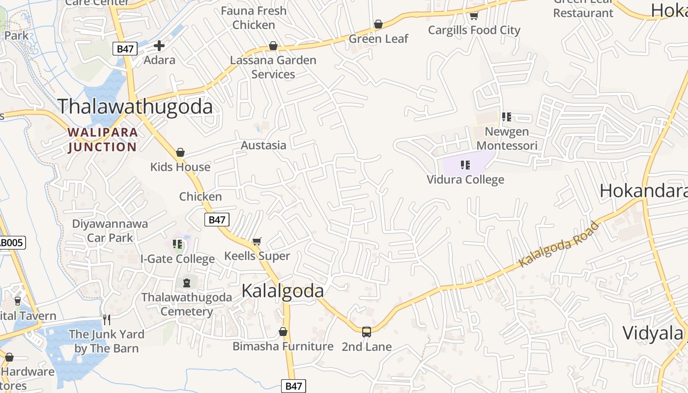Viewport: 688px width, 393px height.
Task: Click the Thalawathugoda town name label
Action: coord(135,107)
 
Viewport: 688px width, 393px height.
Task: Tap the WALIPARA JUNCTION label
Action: coord(102,140)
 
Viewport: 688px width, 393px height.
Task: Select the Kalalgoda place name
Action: coord(283,291)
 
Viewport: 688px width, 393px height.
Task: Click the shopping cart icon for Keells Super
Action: coord(257,241)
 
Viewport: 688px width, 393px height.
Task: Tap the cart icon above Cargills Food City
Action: coord(474,16)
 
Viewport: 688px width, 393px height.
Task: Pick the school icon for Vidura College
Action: coord(465,165)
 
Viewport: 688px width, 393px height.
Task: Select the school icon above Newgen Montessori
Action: coord(507,117)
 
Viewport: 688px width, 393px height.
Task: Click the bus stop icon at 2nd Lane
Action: coord(367,332)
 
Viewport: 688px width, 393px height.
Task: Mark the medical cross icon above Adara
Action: coord(159,46)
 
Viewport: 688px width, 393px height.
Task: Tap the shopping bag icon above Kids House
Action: coord(180,152)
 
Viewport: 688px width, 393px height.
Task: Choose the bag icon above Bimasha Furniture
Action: coord(283,332)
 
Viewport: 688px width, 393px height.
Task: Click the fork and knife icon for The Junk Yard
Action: coord(107,320)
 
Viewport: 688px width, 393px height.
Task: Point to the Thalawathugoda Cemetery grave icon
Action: coord(186,282)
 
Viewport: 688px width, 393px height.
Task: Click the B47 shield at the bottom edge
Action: coord(294,386)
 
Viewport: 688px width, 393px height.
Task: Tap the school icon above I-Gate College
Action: coord(178,244)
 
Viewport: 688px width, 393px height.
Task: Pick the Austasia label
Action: coord(263,145)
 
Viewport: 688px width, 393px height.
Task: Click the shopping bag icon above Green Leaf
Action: coord(378,24)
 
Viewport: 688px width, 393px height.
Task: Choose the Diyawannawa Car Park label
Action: coord(110,231)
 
